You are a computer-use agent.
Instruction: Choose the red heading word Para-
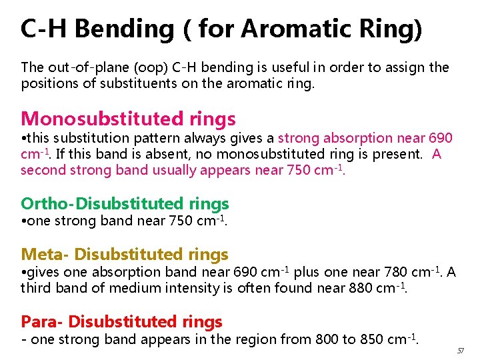(42, 321)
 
